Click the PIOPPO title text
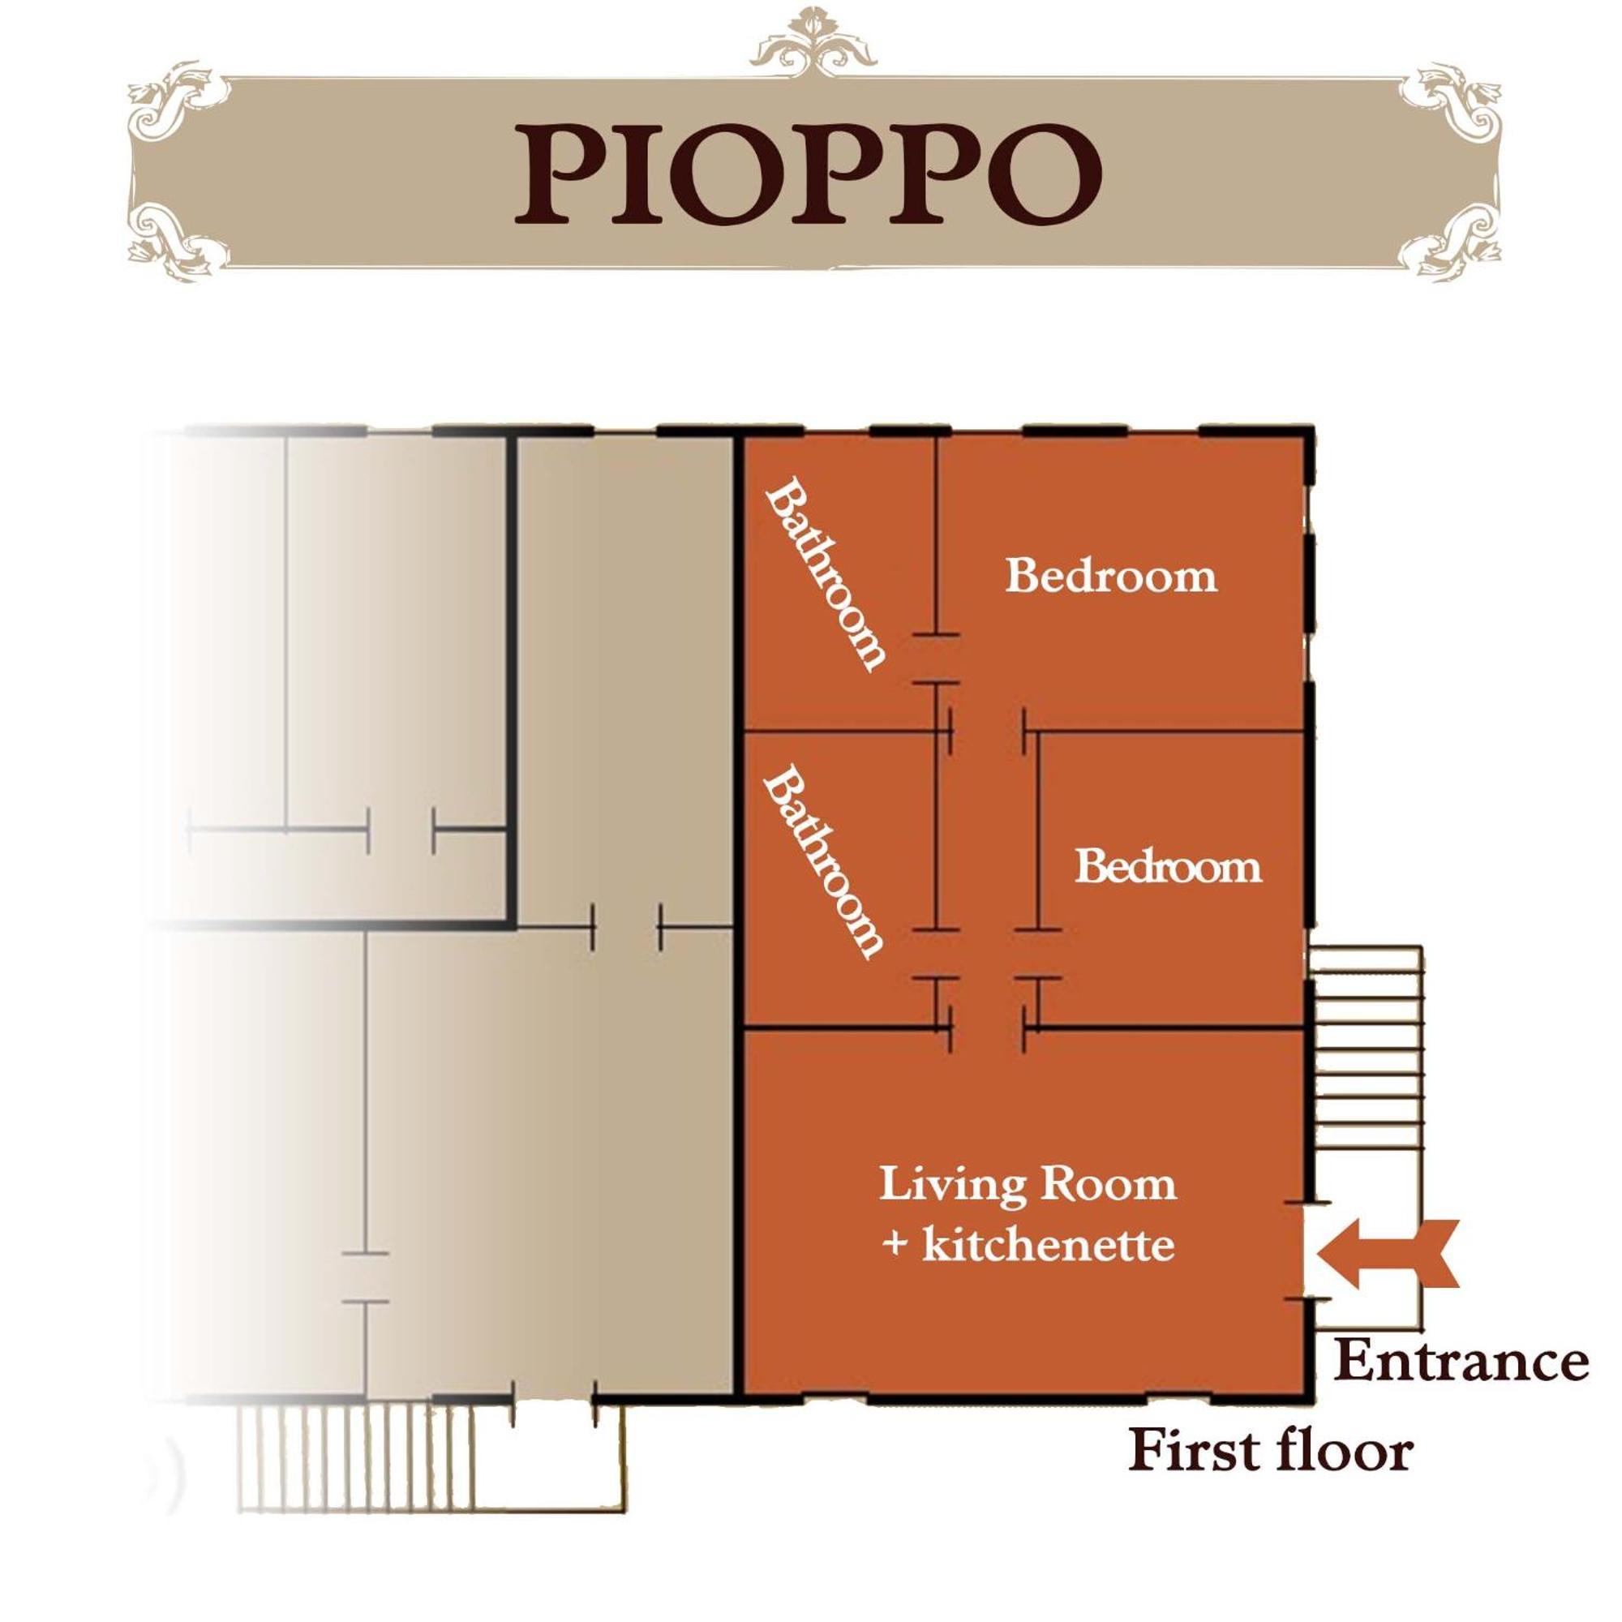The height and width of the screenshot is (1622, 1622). click(808, 174)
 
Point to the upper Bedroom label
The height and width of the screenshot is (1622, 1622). click(1111, 576)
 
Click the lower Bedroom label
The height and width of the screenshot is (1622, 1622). click(1168, 866)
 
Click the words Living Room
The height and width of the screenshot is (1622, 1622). click(1028, 1186)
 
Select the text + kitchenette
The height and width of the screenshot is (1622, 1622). click(1028, 1244)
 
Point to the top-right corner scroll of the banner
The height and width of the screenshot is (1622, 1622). click(1451, 105)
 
